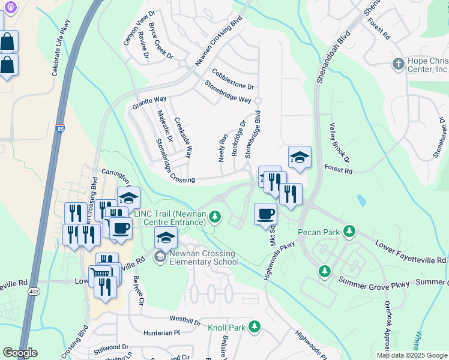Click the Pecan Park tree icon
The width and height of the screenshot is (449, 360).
pyautogui.click(x=349, y=232)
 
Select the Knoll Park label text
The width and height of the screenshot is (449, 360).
pyautogui.click(x=227, y=328)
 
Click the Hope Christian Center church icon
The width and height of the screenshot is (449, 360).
pyautogui.click(x=397, y=64)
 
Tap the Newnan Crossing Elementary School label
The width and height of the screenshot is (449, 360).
pyautogui.click(x=203, y=257)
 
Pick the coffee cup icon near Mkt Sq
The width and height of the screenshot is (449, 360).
pyautogui.click(x=265, y=214)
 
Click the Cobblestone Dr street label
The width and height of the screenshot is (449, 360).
pyautogui.click(x=233, y=79)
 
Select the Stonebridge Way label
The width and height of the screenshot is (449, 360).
pyautogui.click(x=228, y=91)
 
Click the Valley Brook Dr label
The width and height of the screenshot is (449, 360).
pyautogui.click(x=339, y=142)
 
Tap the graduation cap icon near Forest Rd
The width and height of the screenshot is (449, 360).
pyautogui.click(x=300, y=158)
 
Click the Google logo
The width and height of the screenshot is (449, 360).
pyautogui.click(x=20, y=353)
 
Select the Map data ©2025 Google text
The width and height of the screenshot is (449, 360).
pyautogui.click(x=412, y=355)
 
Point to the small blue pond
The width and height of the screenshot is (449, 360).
pyautogui.click(x=360, y=200)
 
